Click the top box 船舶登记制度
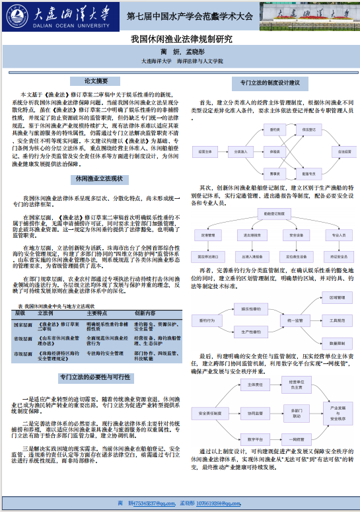272,213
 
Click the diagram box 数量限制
340,344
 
